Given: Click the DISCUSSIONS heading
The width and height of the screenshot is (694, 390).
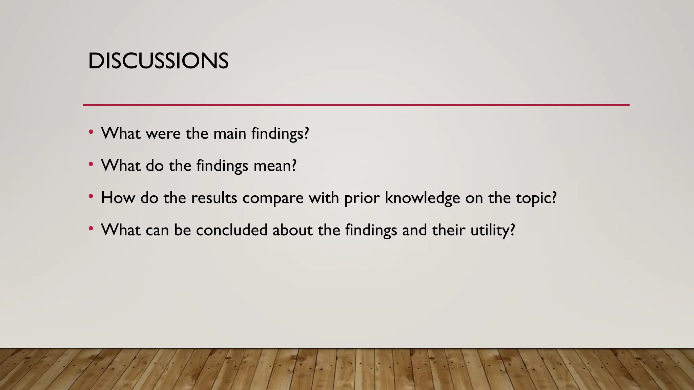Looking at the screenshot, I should [158, 61].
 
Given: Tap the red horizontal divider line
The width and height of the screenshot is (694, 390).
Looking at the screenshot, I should [356, 105].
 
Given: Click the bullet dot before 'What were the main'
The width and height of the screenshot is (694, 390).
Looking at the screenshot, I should [90, 132].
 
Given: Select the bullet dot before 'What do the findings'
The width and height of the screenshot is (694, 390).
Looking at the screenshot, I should [90, 165].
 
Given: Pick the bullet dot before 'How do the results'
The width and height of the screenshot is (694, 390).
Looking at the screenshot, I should [90, 197].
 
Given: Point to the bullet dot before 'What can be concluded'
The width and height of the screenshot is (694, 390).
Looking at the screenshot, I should [90, 229].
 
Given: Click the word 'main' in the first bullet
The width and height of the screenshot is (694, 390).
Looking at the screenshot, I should [229, 134].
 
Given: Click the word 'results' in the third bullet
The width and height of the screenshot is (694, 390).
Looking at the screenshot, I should [214, 198].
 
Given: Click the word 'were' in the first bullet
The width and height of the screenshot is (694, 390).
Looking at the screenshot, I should [163, 134].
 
